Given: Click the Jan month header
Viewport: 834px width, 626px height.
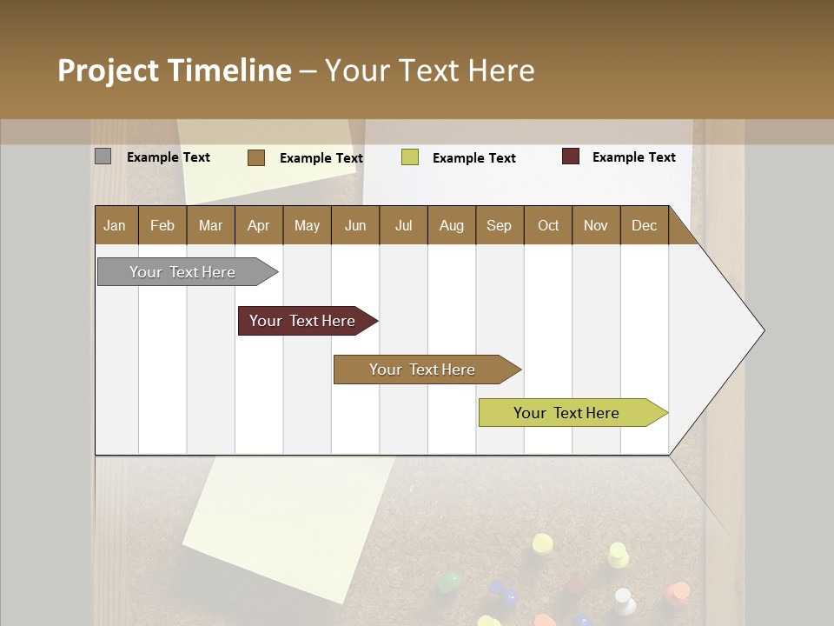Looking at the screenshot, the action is (x=116, y=225).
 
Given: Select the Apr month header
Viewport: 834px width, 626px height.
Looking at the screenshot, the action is (x=259, y=225).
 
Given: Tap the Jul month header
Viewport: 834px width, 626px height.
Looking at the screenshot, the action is (x=403, y=225).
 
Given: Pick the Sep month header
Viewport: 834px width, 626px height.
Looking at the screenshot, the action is (x=499, y=225).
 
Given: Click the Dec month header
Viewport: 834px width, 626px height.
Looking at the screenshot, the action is (x=644, y=225).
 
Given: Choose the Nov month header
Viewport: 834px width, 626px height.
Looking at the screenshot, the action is (x=596, y=225).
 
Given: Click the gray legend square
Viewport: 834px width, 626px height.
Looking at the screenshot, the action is (x=103, y=156).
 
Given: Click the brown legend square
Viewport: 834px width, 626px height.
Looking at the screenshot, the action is (x=256, y=157).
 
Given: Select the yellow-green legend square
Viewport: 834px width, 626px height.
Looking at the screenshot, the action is (x=410, y=157).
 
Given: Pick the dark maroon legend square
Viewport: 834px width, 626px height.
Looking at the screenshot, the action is (x=571, y=156).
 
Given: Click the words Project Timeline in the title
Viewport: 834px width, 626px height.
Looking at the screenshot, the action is (x=174, y=70).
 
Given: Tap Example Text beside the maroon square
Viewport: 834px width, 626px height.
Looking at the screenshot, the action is (x=633, y=157).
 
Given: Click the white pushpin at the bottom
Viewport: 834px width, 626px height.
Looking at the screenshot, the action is (x=623, y=598).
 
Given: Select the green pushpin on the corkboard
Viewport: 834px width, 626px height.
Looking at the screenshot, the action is (x=449, y=581).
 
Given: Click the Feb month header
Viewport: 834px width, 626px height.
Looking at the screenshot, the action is (x=162, y=225).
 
